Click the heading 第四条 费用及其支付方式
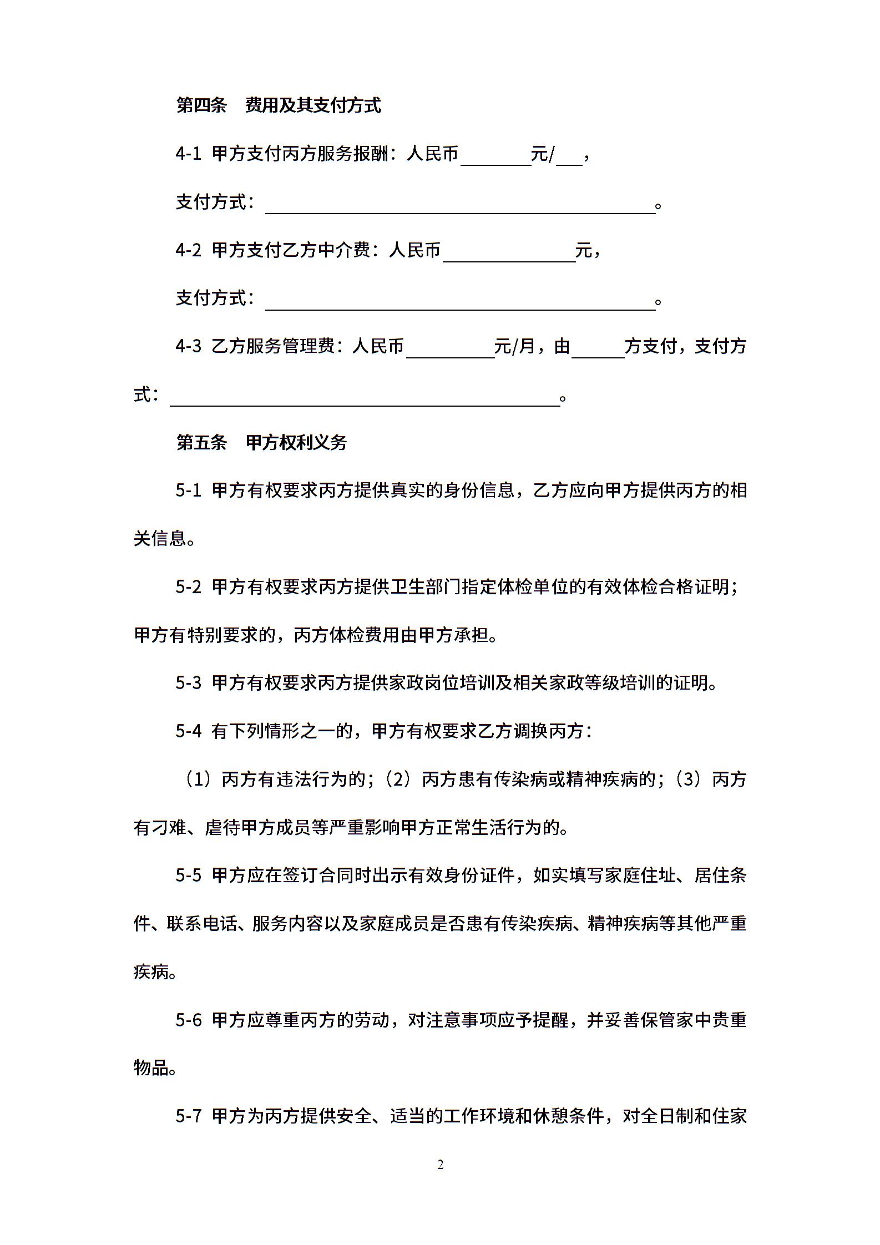coord(278,105)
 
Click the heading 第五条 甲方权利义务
coord(261,442)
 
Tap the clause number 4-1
coord(189,154)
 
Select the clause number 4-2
coord(189,250)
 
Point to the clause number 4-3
coord(189,346)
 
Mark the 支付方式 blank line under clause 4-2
coord(460,302)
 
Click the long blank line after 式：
coord(365,398)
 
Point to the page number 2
coord(441,1165)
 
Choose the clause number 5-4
coord(189,731)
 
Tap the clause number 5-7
coord(189,1116)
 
